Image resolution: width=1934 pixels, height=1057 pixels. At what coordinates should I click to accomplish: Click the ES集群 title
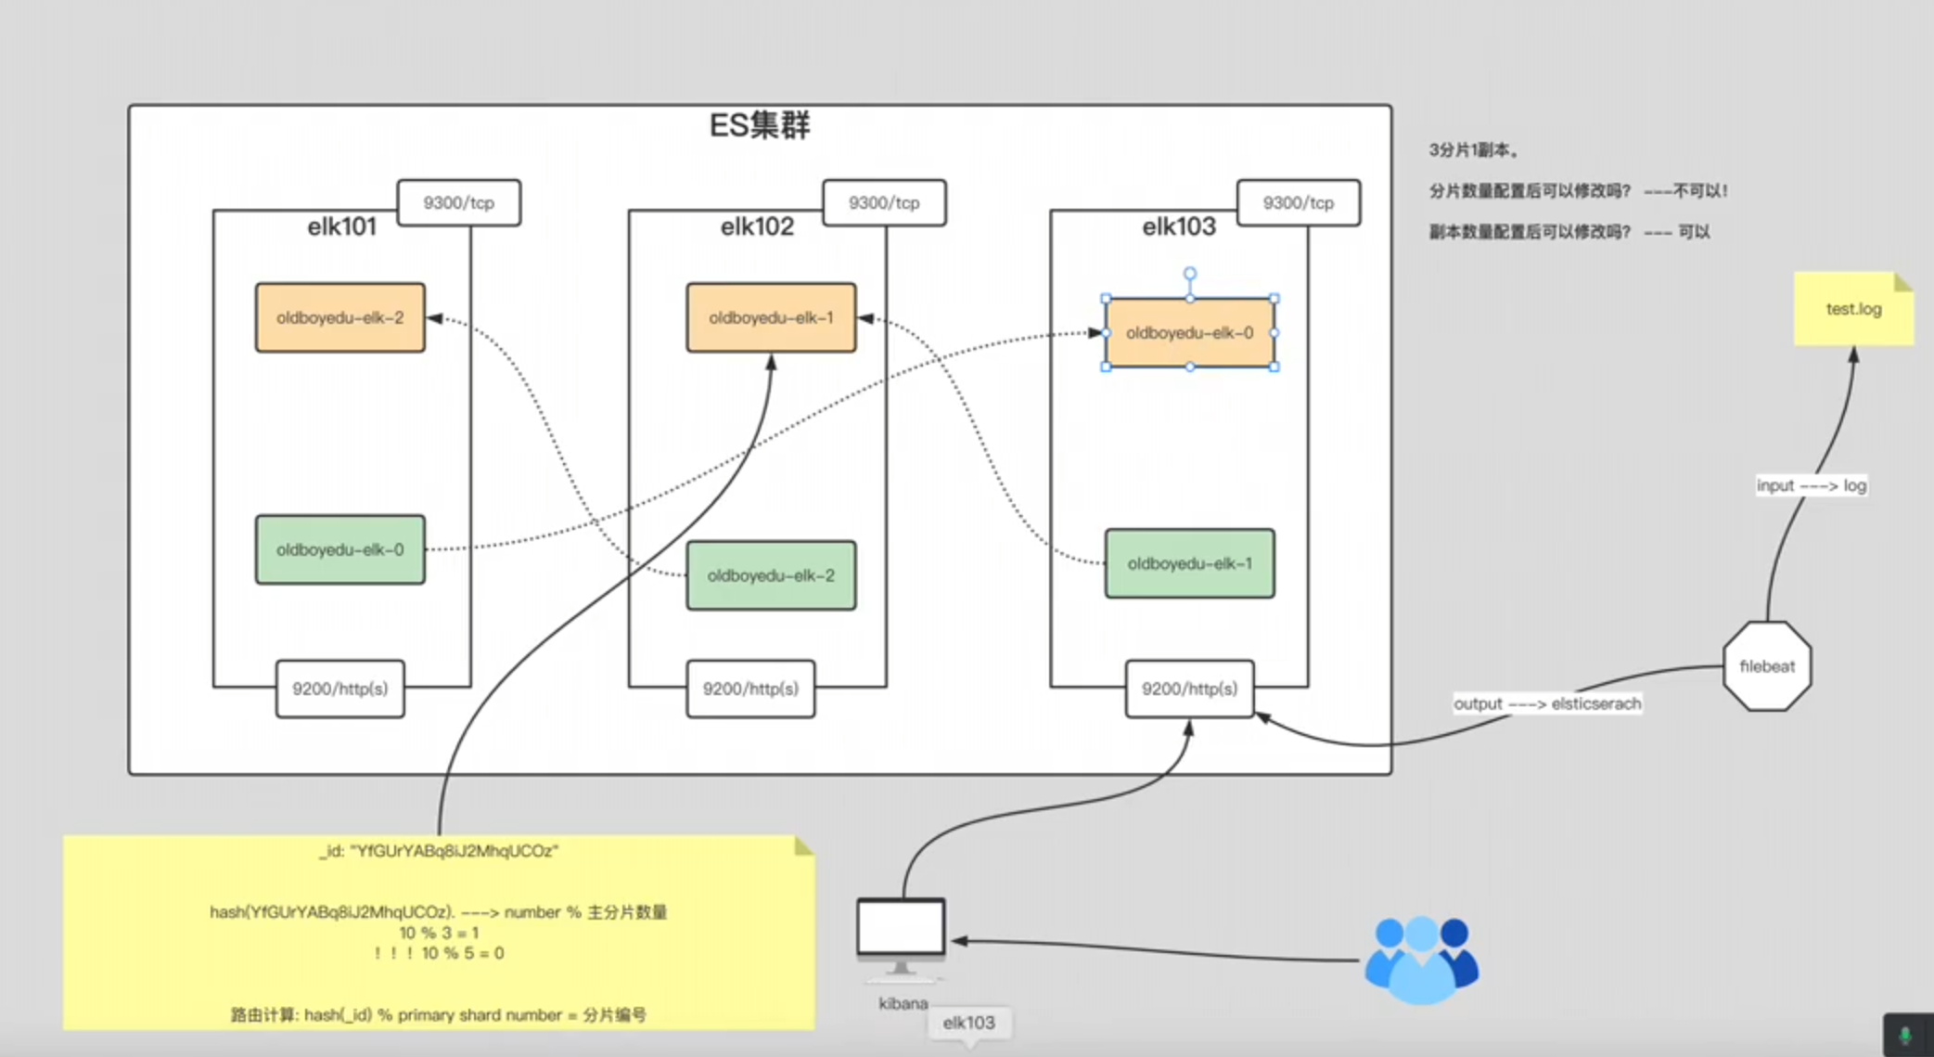pos(759,125)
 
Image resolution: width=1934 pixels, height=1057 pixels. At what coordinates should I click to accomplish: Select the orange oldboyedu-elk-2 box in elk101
pos(340,317)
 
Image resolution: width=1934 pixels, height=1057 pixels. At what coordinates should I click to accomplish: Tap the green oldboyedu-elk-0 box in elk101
pos(340,549)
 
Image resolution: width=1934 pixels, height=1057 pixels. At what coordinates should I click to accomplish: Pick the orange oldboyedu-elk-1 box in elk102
pos(771,317)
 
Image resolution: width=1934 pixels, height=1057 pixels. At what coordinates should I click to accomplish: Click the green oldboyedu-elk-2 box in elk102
pos(771,575)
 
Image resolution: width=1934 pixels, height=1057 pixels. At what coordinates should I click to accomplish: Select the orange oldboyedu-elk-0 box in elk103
pos(1189,333)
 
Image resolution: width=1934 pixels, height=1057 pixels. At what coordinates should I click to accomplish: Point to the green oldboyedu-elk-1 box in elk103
pos(1189,563)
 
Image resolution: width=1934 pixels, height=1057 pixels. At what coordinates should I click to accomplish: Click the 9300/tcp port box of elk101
pos(458,202)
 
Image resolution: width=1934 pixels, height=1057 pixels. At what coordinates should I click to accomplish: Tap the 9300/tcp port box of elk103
pos(1298,202)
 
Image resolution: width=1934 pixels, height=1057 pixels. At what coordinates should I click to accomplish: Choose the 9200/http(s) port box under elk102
pos(750,689)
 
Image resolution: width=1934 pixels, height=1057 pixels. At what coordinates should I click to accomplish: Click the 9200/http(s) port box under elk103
pos(1189,689)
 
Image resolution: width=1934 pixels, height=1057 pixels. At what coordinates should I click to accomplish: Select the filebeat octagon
pos(1767,666)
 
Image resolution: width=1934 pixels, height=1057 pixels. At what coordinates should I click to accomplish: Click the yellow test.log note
pos(1853,309)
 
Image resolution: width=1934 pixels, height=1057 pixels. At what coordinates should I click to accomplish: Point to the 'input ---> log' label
pos(1811,485)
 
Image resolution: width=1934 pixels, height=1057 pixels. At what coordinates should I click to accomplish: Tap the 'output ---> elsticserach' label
pos(1546,703)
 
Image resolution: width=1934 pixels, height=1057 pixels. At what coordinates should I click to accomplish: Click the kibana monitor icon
pos(901,933)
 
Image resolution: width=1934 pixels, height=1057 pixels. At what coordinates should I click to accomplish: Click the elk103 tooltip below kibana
pos(968,1023)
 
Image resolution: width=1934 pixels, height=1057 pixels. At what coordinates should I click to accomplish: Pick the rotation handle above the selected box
pos(1189,274)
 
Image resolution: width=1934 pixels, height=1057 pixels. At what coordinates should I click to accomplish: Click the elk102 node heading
pos(757,226)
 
